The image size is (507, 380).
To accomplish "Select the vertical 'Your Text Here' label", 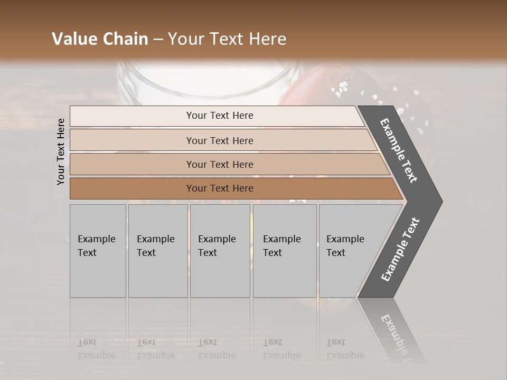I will pos(61,151).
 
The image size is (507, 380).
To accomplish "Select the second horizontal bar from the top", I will pos(220,140).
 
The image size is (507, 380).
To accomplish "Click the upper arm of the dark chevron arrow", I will pos(399,150).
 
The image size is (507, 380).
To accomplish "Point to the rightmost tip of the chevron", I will pos(441,201).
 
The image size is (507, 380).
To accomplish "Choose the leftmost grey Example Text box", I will pos(98,251).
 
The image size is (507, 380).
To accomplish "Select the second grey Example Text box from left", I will pos(157,251).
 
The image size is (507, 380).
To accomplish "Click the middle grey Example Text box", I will pos(220,251).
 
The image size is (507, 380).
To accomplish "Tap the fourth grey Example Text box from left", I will pos(284,251).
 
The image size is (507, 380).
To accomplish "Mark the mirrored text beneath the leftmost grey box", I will pos(96,348).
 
